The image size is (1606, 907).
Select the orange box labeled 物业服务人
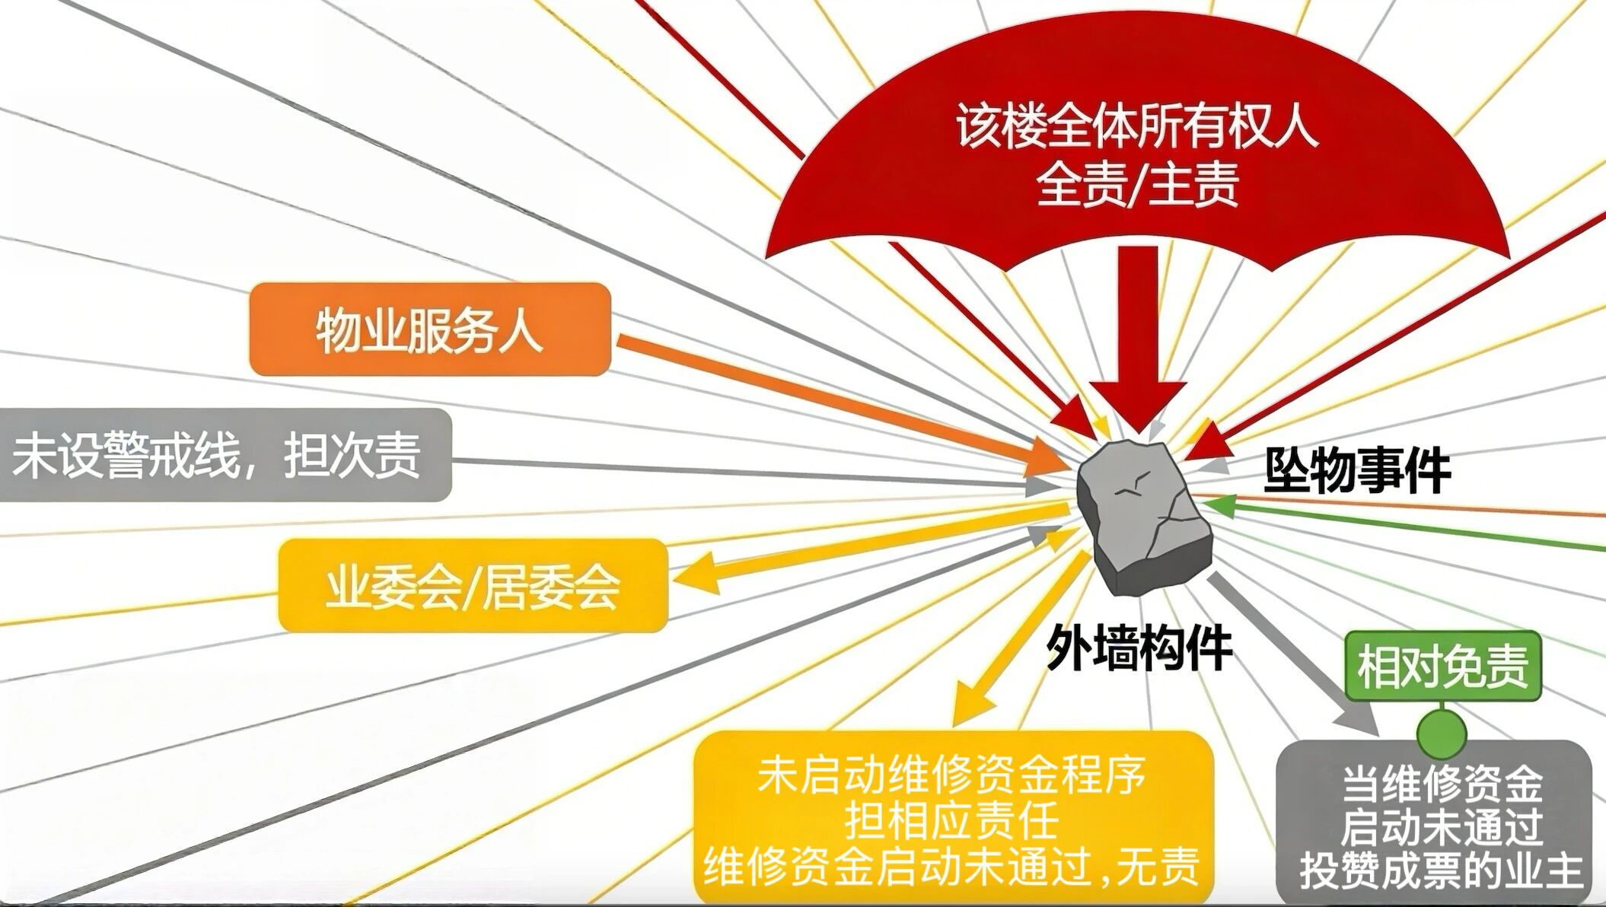pyautogui.click(x=430, y=329)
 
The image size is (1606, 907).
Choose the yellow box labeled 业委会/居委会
pyautogui.click(x=473, y=585)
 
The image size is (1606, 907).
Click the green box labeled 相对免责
pyautogui.click(x=1443, y=666)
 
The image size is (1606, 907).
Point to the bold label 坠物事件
pyautogui.click(x=1358, y=471)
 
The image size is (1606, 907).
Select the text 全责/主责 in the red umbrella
pyautogui.click(x=1138, y=185)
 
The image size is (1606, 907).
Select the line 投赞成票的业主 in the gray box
pyautogui.click(x=1442, y=870)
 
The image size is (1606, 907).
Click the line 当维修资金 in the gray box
pyautogui.click(x=1442, y=783)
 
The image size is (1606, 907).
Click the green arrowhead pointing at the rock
pyautogui.click(x=1216, y=505)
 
